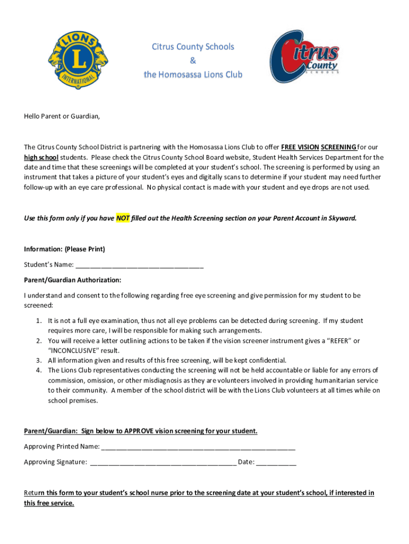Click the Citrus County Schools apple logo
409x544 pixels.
coord(304,57)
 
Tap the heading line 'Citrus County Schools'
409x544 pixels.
coord(193,47)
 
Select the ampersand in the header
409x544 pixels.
coord(193,61)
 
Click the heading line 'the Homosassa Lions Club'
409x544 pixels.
coord(193,74)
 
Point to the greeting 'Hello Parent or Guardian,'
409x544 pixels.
coord(62,116)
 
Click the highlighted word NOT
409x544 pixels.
coord(123,218)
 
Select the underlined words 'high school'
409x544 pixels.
coord(41,157)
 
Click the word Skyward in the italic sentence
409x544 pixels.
coord(343,218)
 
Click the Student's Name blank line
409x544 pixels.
coord(140,265)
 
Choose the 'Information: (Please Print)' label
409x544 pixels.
coord(64,249)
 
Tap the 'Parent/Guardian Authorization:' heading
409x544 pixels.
coord(73,279)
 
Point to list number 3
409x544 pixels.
coord(39,360)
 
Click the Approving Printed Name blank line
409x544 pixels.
coord(198,447)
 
